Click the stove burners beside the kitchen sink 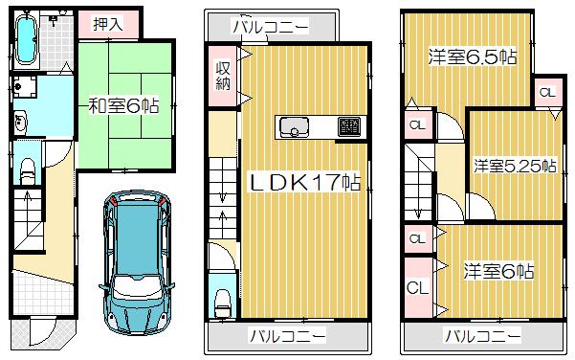(x=348, y=125)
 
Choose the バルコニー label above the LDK (x=272, y=26)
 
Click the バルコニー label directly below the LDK (x=288, y=336)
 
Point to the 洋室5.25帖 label (x=514, y=166)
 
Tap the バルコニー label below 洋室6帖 (x=482, y=336)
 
